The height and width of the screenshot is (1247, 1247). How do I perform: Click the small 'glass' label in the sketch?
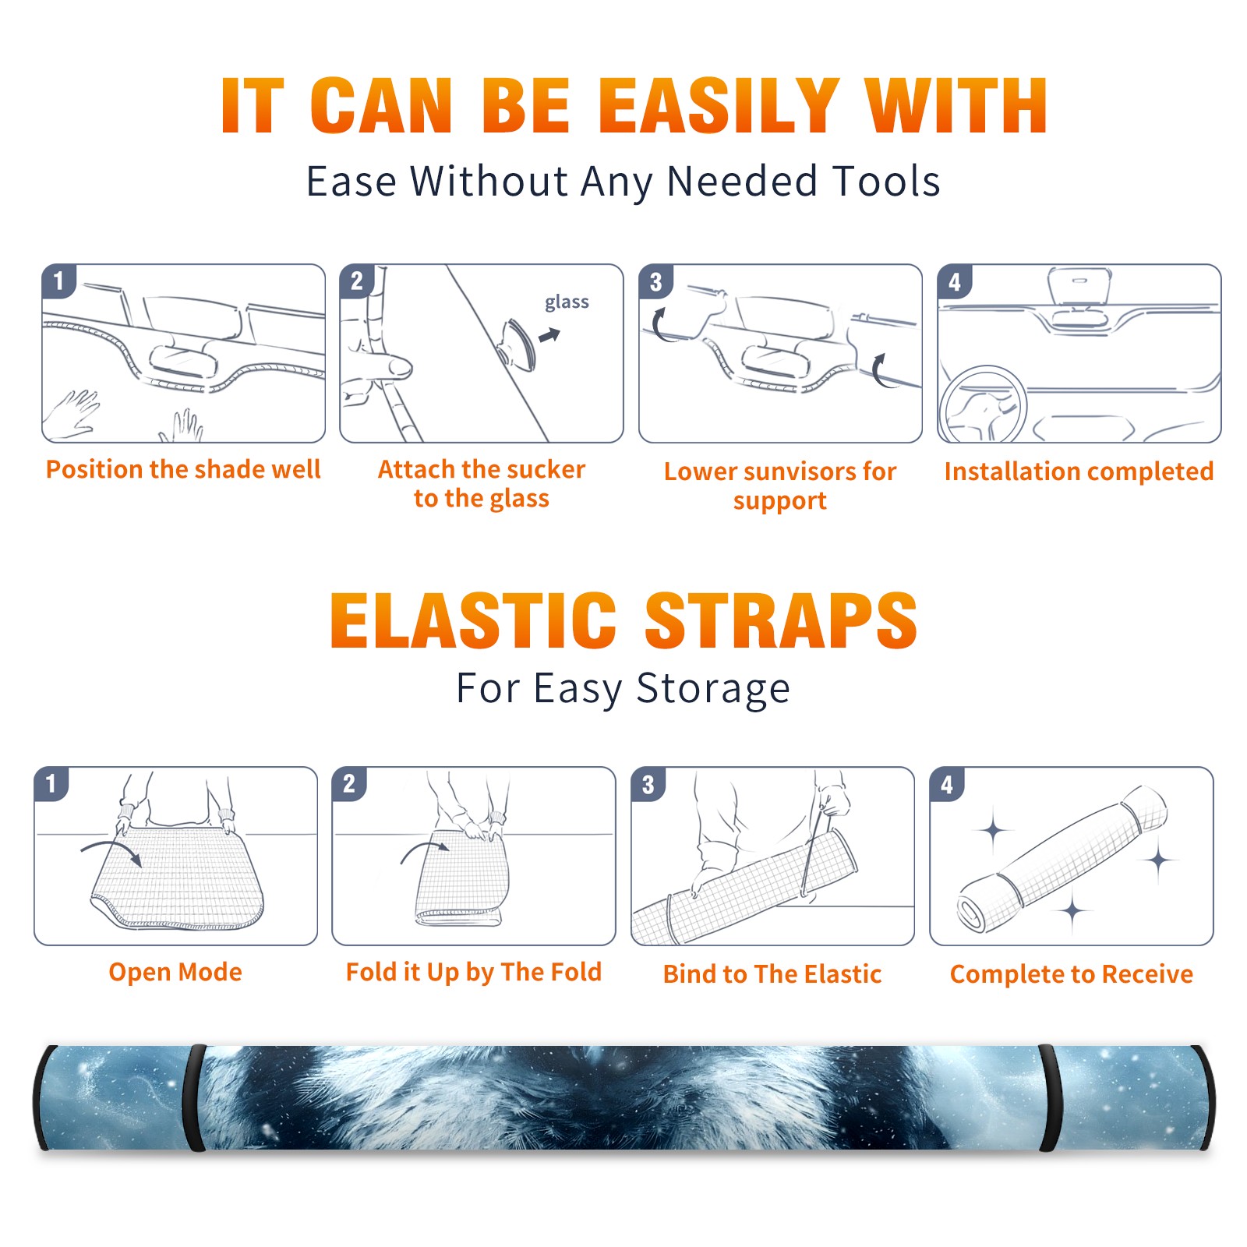click(x=567, y=302)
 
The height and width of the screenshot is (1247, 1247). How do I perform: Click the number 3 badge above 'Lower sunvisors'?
click(x=656, y=281)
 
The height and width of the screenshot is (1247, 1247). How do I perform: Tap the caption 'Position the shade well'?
click(x=183, y=469)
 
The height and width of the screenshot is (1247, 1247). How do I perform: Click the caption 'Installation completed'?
click(x=1079, y=471)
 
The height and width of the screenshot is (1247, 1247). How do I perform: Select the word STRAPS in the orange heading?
click(x=781, y=620)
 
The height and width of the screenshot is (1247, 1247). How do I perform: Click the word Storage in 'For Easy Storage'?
click(x=713, y=689)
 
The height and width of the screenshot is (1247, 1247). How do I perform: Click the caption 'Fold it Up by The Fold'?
click(x=474, y=972)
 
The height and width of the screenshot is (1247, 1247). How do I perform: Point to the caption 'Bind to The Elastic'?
click(x=772, y=973)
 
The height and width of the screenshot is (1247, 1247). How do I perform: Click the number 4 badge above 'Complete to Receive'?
click(x=947, y=784)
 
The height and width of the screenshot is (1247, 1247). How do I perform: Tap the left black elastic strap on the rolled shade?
click(x=195, y=1097)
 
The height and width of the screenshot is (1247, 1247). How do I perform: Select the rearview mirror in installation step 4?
click(x=1079, y=286)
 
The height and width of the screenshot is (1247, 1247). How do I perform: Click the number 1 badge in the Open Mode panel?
click(x=51, y=784)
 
